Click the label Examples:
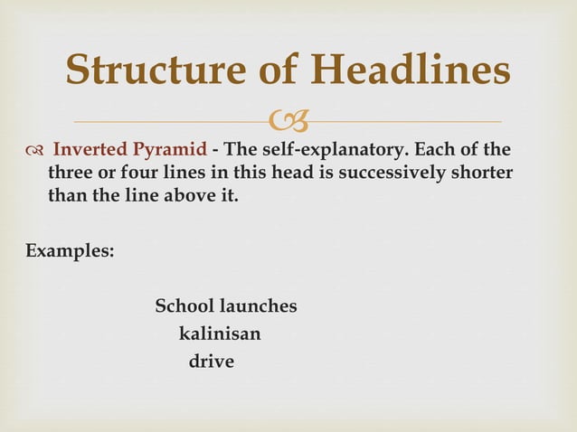70,250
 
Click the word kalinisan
220,334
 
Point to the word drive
211,362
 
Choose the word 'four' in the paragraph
131,172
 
